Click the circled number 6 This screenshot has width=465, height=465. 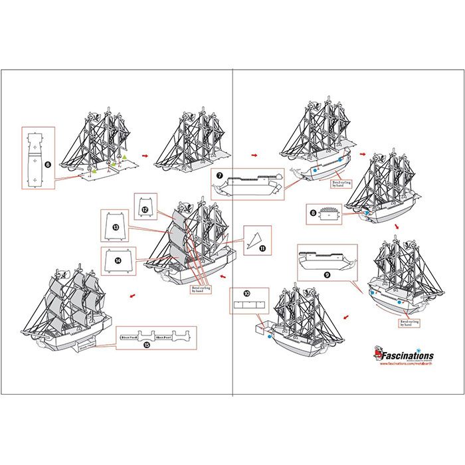point(47,163)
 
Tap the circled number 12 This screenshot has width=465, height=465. point(144,210)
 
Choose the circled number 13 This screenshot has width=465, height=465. point(116,228)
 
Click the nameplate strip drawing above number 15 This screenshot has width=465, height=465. point(157,337)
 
